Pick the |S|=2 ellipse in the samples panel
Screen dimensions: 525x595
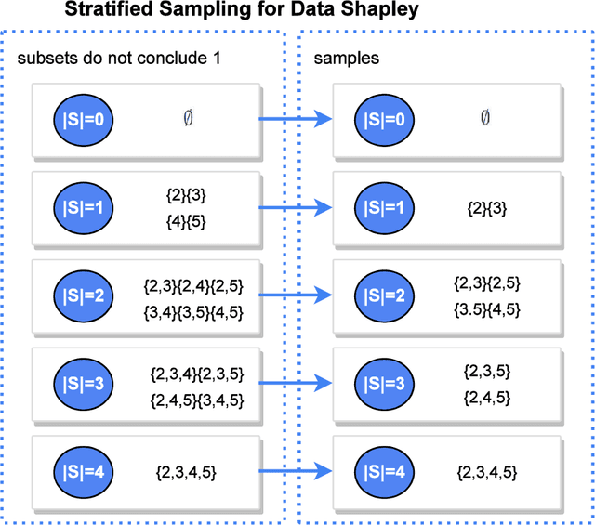[x=383, y=295]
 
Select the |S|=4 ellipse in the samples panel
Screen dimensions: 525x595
[x=383, y=471]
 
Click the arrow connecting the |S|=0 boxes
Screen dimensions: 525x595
[x=295, y=118]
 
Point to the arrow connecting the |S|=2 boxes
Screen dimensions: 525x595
[x=295, y=295]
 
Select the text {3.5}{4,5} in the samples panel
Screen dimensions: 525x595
[x=486, y=308]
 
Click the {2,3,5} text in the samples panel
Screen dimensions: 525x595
[x=486, y=371]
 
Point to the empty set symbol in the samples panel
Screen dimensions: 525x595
[x=484, y=118]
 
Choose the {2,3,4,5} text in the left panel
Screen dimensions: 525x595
[x=186, y=472]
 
